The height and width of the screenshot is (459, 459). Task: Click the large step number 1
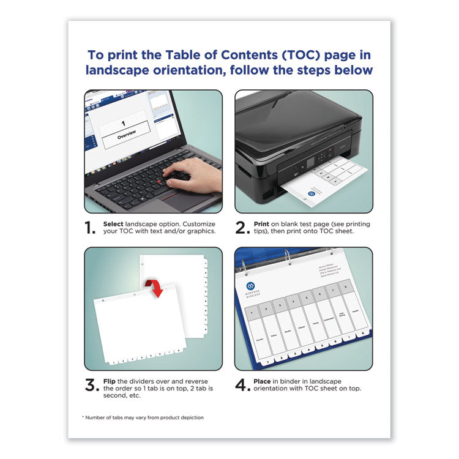tap(91, 228)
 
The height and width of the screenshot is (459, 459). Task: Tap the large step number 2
tap(242, 228)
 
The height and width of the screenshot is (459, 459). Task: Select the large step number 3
tap(91, 385)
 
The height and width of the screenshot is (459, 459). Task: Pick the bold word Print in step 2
tap(262, 224)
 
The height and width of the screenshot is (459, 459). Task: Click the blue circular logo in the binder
tap(250, 286)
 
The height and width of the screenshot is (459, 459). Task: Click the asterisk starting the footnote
tap(83, 417)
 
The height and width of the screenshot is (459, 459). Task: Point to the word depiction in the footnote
tap(190, 417)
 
